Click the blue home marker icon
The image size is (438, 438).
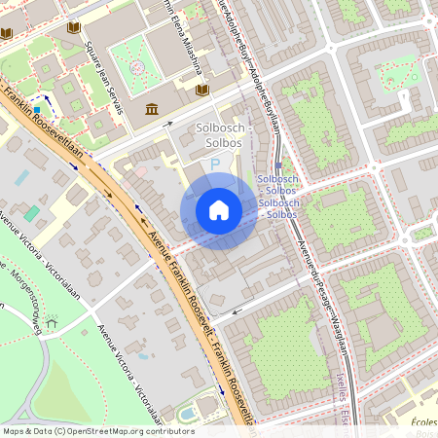coord(219,210)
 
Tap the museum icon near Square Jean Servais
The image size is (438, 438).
coord(152,108)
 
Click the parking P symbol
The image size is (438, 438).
coord(215,166)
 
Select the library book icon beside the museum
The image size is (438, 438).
coord(202,91)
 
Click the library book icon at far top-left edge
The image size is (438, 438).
coord(6,33)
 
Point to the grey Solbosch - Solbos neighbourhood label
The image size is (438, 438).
coord(225,135)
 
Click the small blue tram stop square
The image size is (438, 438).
coord(279,166)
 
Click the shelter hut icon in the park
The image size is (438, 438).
coord(52,318)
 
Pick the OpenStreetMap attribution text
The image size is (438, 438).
coord(97,430)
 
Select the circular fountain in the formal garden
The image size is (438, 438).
coord(137,67)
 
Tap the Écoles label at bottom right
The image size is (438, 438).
coord(422,420)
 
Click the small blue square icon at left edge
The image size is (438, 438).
coord(37,110)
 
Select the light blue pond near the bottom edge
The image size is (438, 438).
coord(186,415)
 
